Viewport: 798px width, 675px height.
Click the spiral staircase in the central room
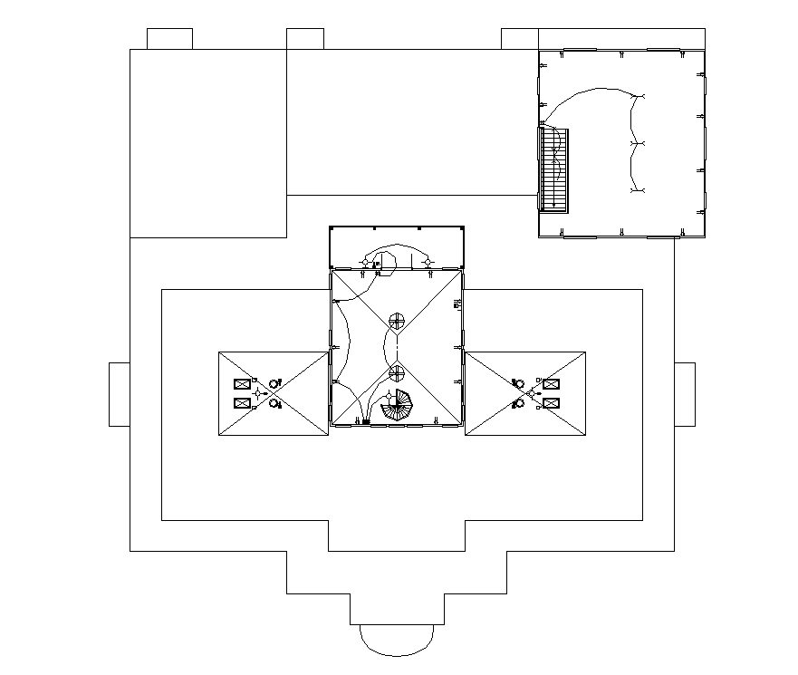point(397,405)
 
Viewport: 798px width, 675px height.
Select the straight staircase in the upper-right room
point(553,169)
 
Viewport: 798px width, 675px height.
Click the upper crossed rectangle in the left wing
point(243,384)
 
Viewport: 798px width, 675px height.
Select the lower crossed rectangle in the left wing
point(243,403)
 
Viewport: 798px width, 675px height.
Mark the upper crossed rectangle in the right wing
point(551,384)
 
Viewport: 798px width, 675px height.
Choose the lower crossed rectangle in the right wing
point(551,403)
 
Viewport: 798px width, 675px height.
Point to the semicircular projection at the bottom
point(397,639)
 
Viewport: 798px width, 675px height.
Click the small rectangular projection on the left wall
point(120,394)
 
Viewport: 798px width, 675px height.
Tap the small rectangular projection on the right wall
point(685,394)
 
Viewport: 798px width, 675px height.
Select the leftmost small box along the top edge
point(169,39)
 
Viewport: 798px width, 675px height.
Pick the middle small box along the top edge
point(305,39)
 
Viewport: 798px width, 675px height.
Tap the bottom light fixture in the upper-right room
point(638,191)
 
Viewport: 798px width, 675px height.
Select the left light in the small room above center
point(366,262)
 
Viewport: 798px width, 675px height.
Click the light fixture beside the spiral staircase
point(389,395)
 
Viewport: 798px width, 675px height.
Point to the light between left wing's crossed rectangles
point(259,393)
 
